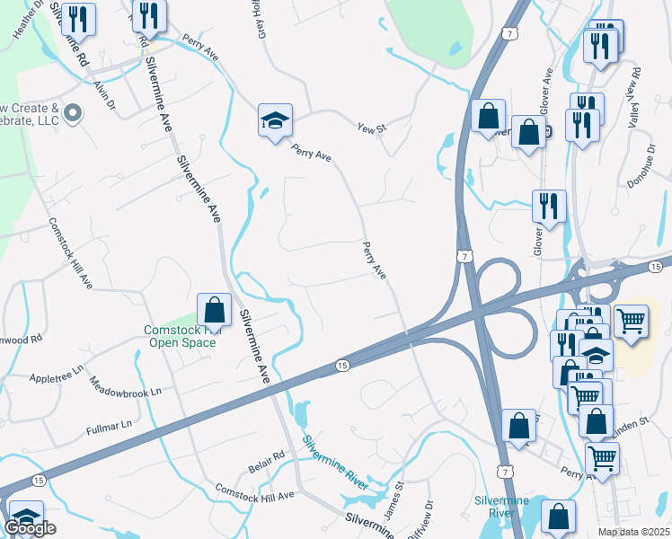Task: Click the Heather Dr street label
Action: point(26,19)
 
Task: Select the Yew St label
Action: point(370,128)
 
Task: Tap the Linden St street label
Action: point(630,420)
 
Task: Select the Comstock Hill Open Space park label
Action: point(182,335)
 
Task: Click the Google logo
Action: point(30,528)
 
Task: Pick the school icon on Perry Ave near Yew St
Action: point(274,122)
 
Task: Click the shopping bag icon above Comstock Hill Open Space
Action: point(215,310)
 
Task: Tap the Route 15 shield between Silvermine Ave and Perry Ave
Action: point(342,365)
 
